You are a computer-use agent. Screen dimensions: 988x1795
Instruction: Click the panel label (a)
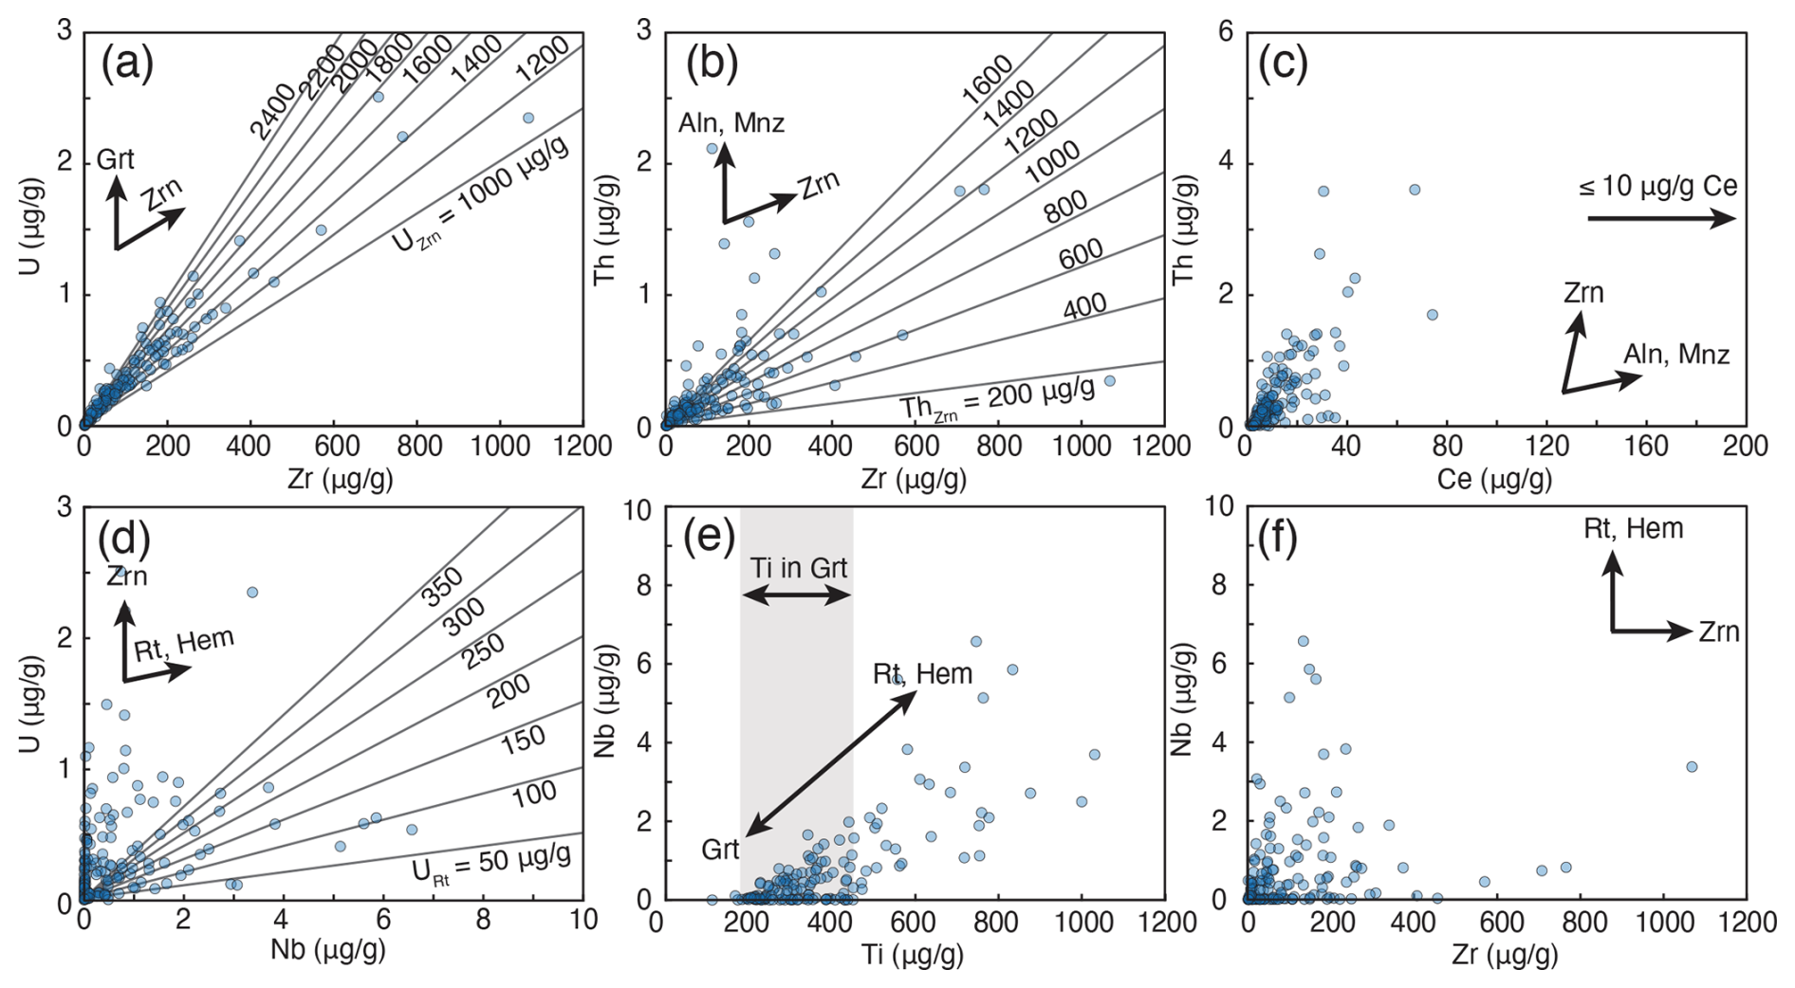[127, 64]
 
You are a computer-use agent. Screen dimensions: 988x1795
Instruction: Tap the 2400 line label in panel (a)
[272, 112]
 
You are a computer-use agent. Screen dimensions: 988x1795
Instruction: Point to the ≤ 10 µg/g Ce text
[1657, 186]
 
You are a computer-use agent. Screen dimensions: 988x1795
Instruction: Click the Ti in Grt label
[798, 568]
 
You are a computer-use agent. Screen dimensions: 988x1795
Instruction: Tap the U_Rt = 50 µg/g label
[491, 863]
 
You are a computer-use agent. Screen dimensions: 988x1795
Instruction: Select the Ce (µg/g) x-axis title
[1494, 479]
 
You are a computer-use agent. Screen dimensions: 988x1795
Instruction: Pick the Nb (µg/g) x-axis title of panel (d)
[328, 949]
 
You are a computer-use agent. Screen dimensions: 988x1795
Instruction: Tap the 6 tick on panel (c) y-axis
[1225, 32]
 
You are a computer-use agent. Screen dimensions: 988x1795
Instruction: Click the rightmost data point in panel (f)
[1692, 766]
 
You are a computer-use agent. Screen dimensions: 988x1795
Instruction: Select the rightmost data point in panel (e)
[1095, 755]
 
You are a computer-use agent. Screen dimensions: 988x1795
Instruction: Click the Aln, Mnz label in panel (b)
[731, 123]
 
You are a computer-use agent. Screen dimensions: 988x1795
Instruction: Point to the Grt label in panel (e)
[720, 850]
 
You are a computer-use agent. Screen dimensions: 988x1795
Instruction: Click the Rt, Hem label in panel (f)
[1633, 528]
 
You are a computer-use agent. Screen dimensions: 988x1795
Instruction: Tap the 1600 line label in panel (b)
[988, 79]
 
